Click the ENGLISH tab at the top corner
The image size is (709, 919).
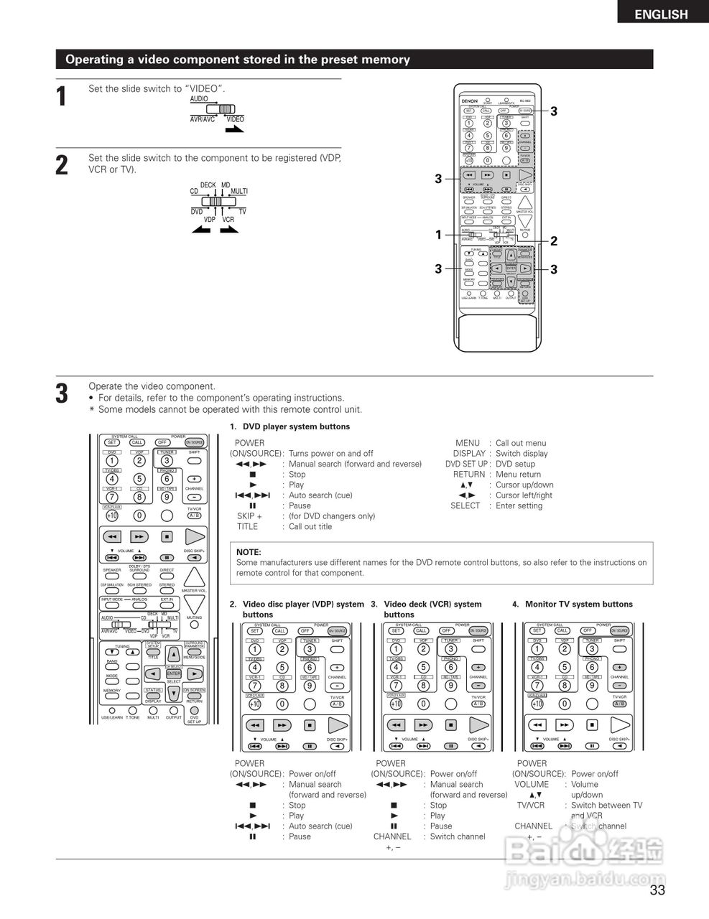pos(661,14)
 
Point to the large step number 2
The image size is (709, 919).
pos(62,164)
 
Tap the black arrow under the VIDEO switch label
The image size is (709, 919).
pos(234,130)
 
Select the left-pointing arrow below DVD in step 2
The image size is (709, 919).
pos(201,230)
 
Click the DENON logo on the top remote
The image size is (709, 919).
pos(469,101)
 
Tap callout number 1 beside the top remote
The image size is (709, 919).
pos(438,235)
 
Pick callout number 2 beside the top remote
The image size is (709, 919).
pos(554,241)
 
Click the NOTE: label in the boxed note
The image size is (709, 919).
pos(249,552)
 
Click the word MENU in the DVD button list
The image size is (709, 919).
pos(467,443)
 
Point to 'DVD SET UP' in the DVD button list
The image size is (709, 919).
pos(465,464)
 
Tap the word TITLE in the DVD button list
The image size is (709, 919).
pos(247,526)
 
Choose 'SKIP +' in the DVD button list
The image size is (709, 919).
pos(249,516)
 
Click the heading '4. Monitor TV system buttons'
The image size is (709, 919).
pos(572,604)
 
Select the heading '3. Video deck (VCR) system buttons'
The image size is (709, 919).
pos(426,609)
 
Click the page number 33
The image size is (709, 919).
pos(657,891)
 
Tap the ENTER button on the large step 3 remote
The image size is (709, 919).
pos(173,674)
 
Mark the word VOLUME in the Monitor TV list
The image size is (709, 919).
pos(531,784)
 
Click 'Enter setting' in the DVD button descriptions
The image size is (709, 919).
pos(519,505)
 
